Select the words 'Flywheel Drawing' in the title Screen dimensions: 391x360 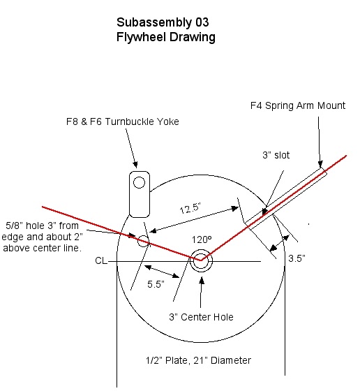tap(165, 37)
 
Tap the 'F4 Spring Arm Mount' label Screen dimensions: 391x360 tap(297, 106)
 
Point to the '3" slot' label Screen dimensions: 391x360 tap(277, 155)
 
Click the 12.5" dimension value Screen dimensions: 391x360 tap(189, 208)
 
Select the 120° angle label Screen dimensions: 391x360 tap(202, 238)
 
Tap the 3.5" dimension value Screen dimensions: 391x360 tap(297, 258)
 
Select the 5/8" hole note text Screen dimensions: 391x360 tap(44, 237)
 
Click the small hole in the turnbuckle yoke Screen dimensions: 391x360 tap(140, 183)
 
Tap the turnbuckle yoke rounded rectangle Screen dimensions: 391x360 tap(140, 193)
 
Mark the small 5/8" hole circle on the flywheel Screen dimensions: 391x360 tap(143, 242)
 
